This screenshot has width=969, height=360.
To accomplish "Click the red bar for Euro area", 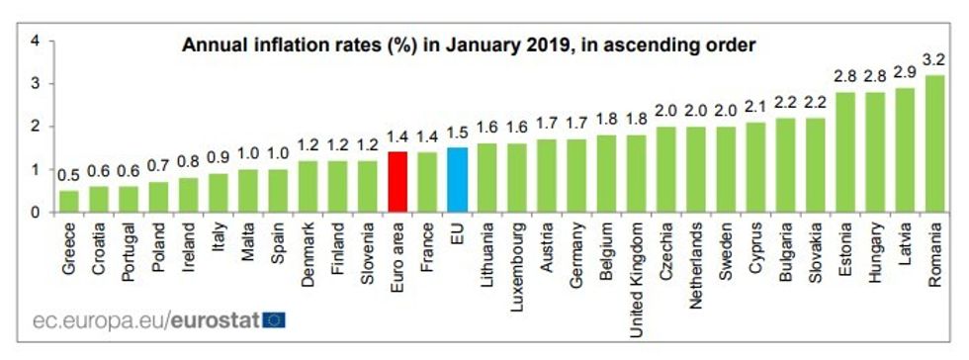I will coord(398,182).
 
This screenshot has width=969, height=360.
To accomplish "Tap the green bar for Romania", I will coord(933,143).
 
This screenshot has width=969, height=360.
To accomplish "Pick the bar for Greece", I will coord(69,201).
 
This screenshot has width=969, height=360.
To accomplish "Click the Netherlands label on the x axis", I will coord(695,259).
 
